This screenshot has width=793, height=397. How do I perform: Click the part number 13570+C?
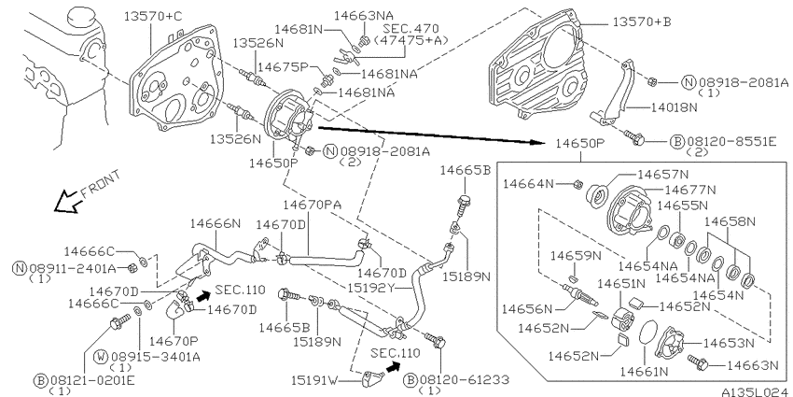point(153,16)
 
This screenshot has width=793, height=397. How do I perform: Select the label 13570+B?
point(641,22)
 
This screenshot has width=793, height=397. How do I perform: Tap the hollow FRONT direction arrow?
point(65,202)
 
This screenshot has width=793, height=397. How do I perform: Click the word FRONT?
point(101,183)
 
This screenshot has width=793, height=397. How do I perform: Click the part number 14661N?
point(645,371)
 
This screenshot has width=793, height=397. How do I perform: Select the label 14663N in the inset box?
point(752,364)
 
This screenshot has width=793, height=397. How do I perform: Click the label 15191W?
point(314,379)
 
